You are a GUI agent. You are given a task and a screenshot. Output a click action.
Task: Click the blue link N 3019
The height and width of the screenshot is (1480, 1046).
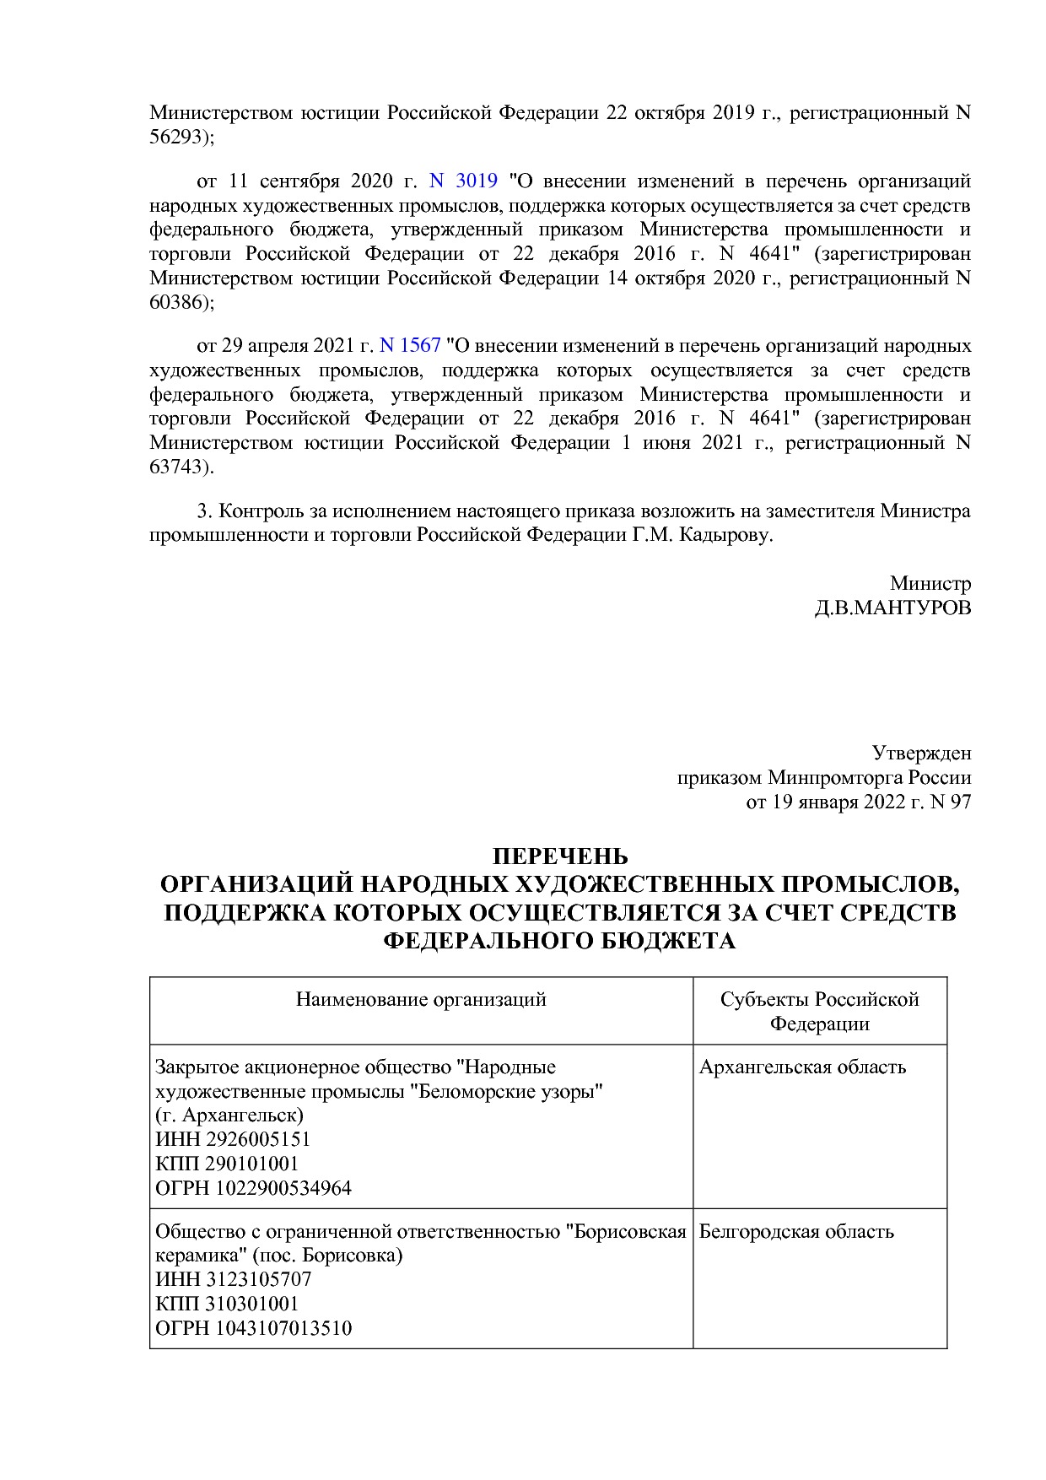coord(463,181)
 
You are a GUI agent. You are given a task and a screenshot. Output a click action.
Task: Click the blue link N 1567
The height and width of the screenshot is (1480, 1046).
coord(410,346)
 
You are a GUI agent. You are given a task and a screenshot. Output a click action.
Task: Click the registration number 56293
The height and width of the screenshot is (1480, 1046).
coord(178,138)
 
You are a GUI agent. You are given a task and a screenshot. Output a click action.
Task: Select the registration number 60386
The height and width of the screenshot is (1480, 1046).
coord(178,302)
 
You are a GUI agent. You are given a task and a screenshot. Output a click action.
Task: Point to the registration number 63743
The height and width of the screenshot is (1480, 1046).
coord(178,467)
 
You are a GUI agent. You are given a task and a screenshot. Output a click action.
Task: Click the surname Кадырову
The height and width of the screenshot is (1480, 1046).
coord(726,536)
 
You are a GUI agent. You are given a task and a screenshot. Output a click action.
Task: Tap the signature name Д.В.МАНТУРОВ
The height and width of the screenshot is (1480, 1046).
coord(892,608)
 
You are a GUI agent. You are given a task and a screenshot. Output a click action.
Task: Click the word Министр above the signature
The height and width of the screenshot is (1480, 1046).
coord(930,584)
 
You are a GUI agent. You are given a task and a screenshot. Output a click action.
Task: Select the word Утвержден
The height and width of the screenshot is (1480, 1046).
coord(921,754)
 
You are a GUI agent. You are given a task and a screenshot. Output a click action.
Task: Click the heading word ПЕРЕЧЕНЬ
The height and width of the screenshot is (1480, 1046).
coord(560,857)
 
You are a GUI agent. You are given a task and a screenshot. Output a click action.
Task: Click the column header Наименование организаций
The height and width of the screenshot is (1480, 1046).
coord(421,1000)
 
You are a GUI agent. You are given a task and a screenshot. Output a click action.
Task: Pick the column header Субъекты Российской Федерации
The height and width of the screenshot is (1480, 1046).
coord(819,1012)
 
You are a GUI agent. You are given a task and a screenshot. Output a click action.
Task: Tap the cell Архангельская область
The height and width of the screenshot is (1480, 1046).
coord(802,1067)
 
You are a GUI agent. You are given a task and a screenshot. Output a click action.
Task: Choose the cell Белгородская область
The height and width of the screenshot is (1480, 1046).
coord(796,1231)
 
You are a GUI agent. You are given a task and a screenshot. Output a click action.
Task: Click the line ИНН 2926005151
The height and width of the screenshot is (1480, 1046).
coord(233,1140)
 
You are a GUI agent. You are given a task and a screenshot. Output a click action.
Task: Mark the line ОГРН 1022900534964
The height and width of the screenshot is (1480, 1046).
coord(253,1188)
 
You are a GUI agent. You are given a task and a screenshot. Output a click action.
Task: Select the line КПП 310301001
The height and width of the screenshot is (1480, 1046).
coord(227,1304)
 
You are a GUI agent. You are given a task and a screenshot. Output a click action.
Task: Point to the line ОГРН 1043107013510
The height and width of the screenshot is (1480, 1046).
coord(253,1328)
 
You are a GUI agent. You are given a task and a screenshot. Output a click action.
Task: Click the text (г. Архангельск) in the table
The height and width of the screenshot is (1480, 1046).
coord(229,1115)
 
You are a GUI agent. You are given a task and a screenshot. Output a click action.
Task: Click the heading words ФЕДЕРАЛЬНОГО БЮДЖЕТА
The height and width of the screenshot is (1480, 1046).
coord(560,941)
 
